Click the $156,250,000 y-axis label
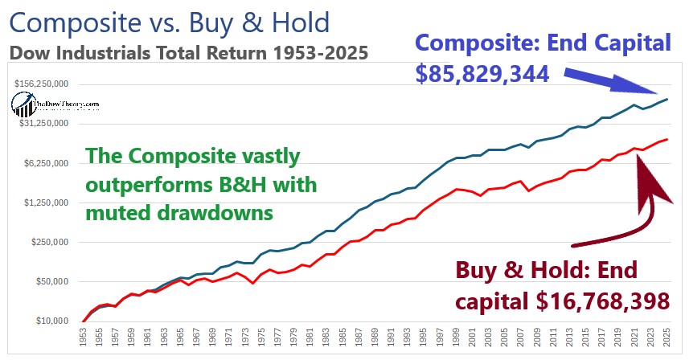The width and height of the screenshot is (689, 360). coord(41,84)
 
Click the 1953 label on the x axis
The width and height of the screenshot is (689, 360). coord(82,340)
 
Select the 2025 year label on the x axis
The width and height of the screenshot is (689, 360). coord(668,340)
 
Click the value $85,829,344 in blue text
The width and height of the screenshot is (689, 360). coord(482,74)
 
